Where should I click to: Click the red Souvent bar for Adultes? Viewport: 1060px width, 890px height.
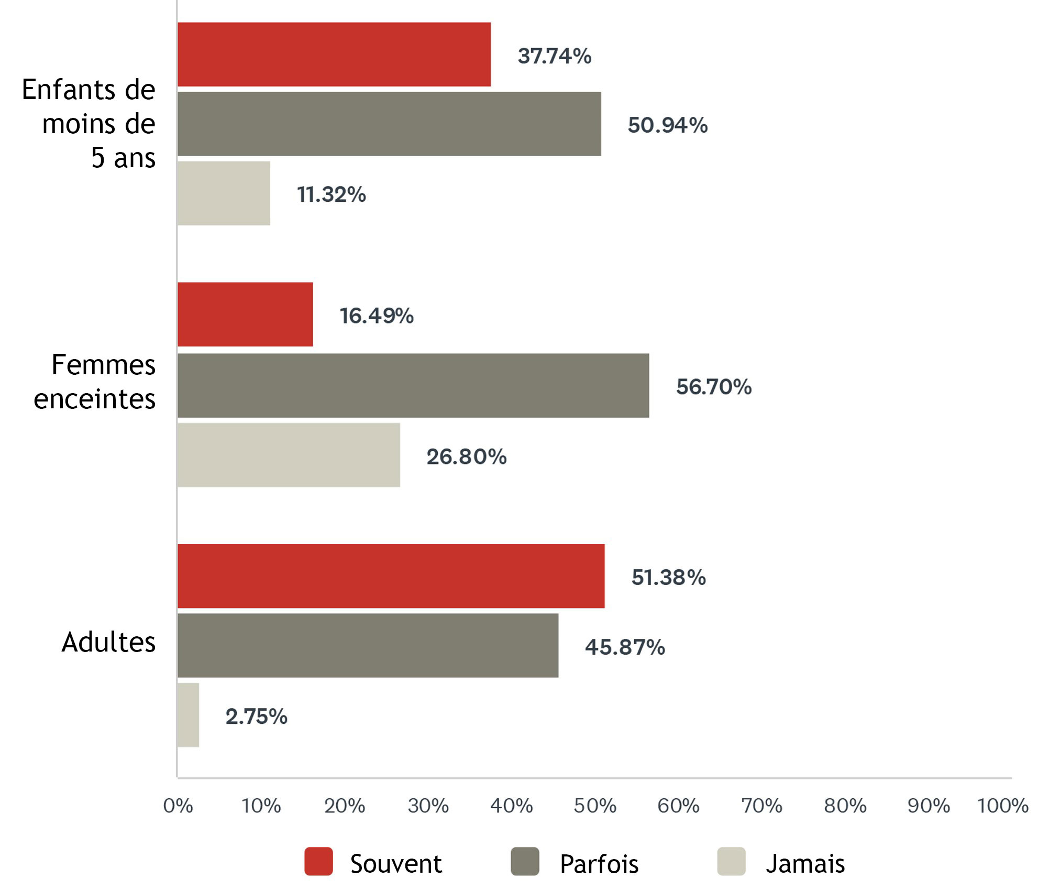click(x=391, y=576)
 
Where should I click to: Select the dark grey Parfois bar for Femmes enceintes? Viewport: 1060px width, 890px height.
click(x=413, y=385)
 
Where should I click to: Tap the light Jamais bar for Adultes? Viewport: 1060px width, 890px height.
click(x=188, y=714)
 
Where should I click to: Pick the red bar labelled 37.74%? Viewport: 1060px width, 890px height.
click(x=334, y=54)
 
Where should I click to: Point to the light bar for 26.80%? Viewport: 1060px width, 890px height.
click(x=289, y=455)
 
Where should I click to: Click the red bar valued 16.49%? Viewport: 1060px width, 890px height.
click(x=245, y=314)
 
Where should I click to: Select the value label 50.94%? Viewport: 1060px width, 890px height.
click(x=668, y=125)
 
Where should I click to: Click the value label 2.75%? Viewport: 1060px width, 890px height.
click(x=256, y=717)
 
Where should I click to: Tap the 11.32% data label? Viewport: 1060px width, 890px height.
click(x=331, y=194)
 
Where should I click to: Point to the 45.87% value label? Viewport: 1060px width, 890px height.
click(x=625, y=647)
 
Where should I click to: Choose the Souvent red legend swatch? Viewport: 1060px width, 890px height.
click(x=318, y=861)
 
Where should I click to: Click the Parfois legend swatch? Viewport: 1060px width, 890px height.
click(x=525, y=861)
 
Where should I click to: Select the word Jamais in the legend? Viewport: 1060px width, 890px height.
click(x=805, y=863)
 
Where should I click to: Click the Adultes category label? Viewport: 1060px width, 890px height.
click(x=108, y=642)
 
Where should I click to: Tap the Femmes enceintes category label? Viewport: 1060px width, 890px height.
click(x=95, y=382)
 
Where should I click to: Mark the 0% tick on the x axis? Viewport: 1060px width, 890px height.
click(x=178, y=806)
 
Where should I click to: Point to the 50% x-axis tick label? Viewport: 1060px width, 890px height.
click(x=594, y=806)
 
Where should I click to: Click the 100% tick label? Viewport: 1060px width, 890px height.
click(x=1002, y=806)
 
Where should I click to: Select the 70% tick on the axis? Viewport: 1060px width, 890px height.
click(x=761, y=806)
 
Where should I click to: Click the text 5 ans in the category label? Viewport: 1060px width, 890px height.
click(x=123, y=158)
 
